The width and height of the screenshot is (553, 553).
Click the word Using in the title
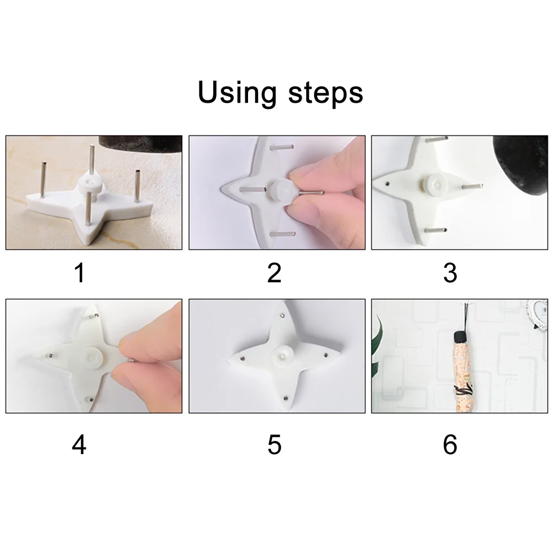(237, 92)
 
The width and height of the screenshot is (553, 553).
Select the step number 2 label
(274, 273)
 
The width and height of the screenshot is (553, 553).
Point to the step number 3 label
(450, 273)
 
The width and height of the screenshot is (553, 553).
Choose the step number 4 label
(79, 445)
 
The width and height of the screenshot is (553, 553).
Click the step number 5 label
(275, 445)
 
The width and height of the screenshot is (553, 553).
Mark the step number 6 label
(450, 445)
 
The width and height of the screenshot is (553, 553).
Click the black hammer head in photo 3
(522, 166)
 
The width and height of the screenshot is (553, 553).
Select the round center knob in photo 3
(435, 185)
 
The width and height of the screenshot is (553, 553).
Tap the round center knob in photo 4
(92, 356)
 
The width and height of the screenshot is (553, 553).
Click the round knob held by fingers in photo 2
(282, 191)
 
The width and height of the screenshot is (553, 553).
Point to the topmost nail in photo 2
(282, 147)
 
